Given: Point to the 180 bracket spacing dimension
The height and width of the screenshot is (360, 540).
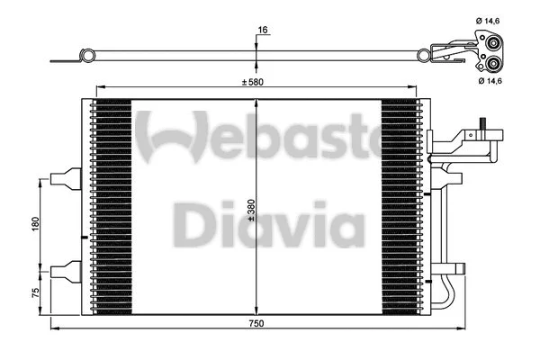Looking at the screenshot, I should point(34,222).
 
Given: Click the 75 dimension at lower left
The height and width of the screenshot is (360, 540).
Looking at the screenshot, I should point(34,293).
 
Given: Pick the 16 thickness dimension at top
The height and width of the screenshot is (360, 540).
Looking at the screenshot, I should point(262,30).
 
